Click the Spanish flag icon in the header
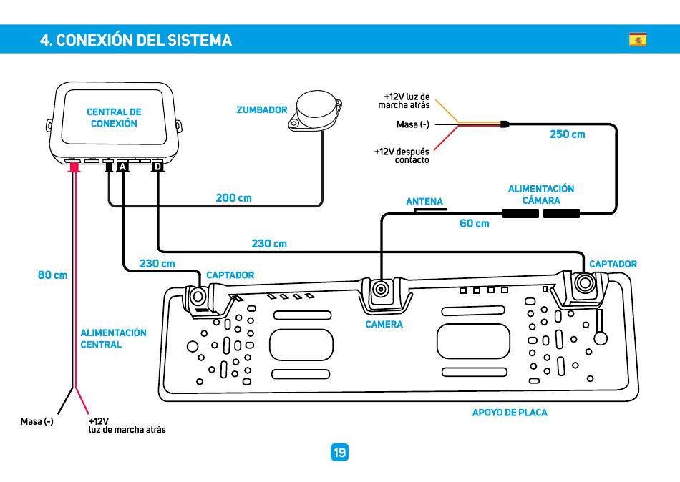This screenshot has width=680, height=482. point(638,39)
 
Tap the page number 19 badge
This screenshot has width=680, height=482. point(339,452)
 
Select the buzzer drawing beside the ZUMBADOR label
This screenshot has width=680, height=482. point(315,111)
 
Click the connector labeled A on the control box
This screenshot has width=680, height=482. point(123,167)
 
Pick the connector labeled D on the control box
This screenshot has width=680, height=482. point(158,167)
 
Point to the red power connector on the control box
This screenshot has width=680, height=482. point(74,167)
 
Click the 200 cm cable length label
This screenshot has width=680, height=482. point(234,198)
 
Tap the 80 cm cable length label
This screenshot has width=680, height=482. point(52,275)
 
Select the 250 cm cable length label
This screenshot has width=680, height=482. point(567,134)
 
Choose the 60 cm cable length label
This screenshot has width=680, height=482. point(475,224)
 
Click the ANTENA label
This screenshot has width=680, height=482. point(424,202)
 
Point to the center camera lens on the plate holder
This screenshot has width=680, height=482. point(382,289)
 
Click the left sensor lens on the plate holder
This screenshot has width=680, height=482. point(198,297)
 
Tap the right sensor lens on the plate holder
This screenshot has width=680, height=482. point(585,283)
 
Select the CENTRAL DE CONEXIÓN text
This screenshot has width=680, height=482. point(114,118)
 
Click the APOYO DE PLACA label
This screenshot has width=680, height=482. point(510,413)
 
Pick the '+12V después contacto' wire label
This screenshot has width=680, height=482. point(402,156)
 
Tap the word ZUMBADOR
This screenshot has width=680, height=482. point(262,110)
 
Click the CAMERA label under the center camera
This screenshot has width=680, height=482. point(384,324)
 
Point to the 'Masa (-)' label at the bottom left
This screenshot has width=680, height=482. point(37,421)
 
